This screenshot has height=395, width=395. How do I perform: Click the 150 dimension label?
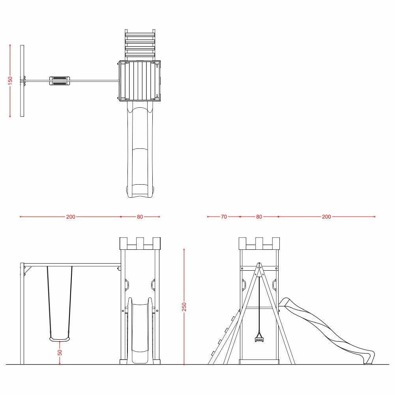tap(10, 80)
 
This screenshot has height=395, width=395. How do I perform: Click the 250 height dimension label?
tap(184, 307)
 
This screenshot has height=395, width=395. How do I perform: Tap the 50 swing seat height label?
tap(60, 352)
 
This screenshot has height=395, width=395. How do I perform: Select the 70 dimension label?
tap(224, 217)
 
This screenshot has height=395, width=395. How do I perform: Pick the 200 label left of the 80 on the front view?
tap(71, 217)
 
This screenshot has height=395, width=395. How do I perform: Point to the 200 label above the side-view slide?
tap(326, 217)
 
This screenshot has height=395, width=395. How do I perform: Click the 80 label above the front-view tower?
tap(140, 217)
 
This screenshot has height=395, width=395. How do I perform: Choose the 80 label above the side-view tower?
tap(259, 217)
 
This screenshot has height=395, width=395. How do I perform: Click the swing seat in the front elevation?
tap(60, 340)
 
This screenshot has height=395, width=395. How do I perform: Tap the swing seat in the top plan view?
tap(60, 80)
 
